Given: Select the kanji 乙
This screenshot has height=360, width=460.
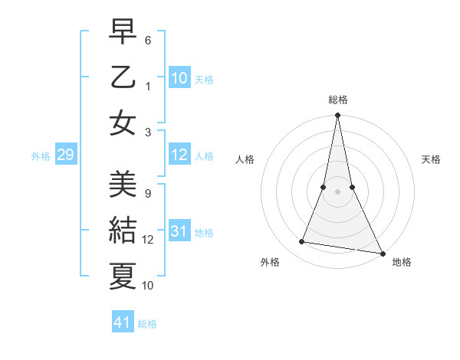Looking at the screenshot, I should pyautogui.click(x=123, y=77).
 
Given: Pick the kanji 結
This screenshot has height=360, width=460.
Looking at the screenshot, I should pyautogui.click(x=123, y=229).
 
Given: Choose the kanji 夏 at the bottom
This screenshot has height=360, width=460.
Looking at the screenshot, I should pyautogui.click(x=123, y=274).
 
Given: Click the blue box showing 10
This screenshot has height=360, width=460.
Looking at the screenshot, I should pyautogui.click(x=179, y=77).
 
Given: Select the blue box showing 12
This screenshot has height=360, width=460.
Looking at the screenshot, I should pyautogui.click(x=179, y=155).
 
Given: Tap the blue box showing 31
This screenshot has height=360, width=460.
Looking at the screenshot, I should pyautogui.click(x=179, y=232).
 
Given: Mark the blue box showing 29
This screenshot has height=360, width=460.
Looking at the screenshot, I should pyautogui.click(x=65, y=155).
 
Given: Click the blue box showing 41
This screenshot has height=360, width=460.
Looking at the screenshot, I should pyautogui.click(x=123, y=322).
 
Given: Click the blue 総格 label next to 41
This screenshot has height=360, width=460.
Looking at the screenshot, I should pyautogui.click(x=147, y=324).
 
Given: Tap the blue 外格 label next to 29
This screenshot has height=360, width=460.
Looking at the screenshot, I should pyautogui.click(x=41, y=156).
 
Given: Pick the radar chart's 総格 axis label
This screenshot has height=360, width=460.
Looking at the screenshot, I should pyautogui.click(x=337, y=100).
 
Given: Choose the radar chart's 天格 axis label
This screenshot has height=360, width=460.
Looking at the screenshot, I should pyautogui.click(x=432, y=159).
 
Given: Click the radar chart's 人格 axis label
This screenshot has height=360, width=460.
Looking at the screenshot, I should pyautogui.click(x=245, y=159).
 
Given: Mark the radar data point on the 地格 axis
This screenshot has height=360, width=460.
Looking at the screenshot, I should pyautogui.click(x=381, y=253).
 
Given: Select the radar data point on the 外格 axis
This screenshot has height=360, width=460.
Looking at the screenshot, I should pyautogui.click(x=302, y=242).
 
